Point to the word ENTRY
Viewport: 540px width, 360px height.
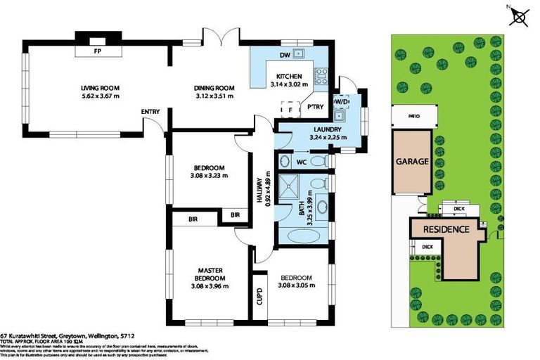150,112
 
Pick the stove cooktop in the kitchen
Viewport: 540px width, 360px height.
320,71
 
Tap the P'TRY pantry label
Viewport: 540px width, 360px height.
314,107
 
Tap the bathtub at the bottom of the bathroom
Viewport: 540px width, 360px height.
304,234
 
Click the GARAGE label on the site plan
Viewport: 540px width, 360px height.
412,161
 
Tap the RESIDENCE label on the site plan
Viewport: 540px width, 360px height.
446,230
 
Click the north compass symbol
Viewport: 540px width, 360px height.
520,16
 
